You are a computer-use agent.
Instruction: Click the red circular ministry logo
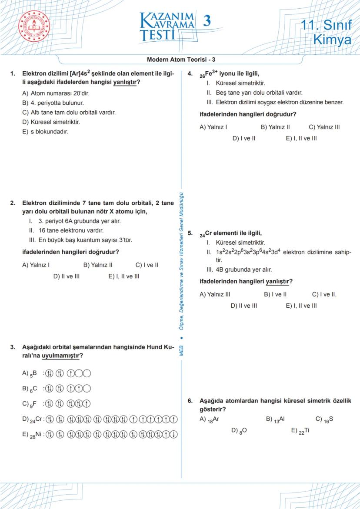[34, 27]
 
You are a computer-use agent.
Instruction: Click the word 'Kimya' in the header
[332, 40]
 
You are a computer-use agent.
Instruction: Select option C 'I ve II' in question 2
[147, 265]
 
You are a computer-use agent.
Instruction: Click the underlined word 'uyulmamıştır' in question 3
[61, 356]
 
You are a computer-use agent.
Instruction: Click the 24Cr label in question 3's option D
[36, 419]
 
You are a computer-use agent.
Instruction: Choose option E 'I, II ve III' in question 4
[301, 139]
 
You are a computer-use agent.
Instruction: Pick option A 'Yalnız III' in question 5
[215, 294]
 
